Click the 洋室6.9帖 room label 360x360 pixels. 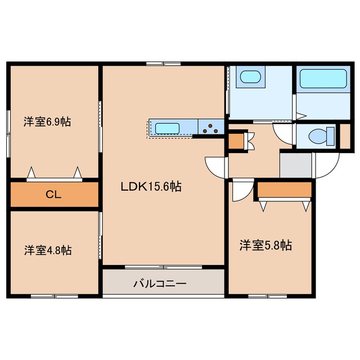[47, 121]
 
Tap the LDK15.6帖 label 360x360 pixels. [151, 187]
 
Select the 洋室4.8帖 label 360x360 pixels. [48, 250]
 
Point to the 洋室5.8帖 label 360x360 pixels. [265, 245]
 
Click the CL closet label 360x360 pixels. [53, 195]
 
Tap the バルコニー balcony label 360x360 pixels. [160, 283]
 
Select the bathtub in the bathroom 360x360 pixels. [323, 79]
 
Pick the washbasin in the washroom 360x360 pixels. [250, 76]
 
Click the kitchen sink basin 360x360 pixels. [167, 128]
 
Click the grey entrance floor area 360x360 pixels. [295, 165]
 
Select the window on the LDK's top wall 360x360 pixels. [163, 64]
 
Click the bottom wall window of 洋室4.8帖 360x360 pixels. [55, 296]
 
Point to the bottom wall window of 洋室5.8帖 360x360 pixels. [268, 296]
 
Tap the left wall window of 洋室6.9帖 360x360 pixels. [8, 134]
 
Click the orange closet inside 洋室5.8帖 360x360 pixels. [284, 190]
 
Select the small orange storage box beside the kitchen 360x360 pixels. [236, 141]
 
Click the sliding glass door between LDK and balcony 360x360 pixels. [163, 267]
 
